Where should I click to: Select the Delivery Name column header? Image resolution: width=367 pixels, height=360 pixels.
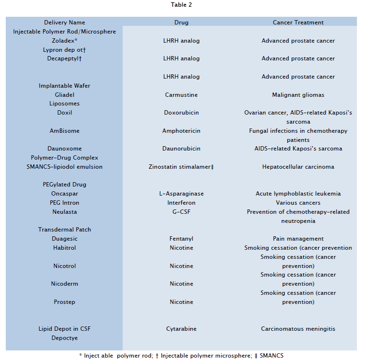point(64,23)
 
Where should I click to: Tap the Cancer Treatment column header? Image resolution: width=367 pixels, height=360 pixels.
point(298,23)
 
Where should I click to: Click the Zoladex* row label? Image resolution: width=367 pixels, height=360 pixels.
point(65,41)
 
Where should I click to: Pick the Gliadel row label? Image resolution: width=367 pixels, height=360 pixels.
point(65,95)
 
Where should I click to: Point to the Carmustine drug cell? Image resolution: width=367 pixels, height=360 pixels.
point(181,95)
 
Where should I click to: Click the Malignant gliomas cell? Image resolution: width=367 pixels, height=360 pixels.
point(298,95)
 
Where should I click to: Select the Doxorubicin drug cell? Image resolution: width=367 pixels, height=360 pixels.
point(181,113)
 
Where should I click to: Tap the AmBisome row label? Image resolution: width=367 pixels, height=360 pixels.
point(65,131)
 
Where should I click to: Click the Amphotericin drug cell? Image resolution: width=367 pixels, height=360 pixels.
point(181,131)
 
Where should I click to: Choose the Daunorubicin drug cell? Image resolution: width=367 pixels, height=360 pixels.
point(181,149)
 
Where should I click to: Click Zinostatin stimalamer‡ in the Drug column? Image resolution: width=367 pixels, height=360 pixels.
point(181,167)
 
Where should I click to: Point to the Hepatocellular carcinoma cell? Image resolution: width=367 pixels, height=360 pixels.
point(298,167)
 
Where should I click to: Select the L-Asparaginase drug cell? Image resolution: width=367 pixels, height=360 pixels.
point(181,194)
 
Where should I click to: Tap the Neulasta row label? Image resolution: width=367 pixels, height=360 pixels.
point(65,212)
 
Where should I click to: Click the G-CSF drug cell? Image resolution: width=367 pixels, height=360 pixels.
point(181,212)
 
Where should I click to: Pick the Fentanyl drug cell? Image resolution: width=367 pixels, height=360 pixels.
point(181,239)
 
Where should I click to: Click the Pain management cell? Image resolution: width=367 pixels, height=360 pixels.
point(298,239)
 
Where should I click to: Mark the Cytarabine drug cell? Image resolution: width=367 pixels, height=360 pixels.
point(181,329)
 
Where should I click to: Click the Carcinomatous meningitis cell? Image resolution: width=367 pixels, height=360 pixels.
point(298,329)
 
